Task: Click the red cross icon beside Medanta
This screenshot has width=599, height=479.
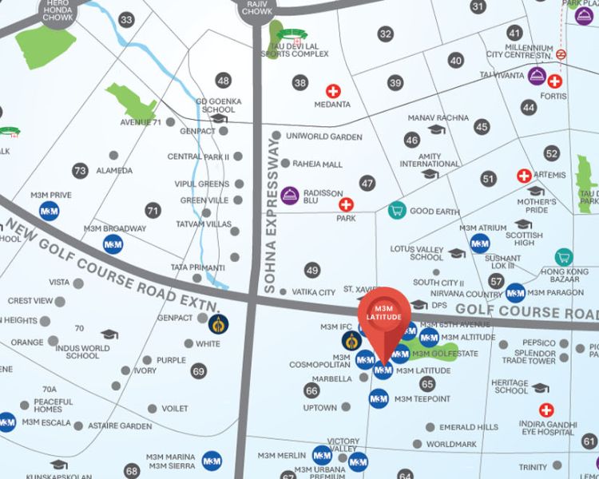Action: [331, 91]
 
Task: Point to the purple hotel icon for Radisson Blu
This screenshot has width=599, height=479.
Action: [291, 195]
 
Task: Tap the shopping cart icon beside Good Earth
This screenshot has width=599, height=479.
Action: [396, 211]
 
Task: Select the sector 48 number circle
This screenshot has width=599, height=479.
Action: [223, 80]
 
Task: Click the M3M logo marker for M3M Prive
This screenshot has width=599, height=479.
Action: [48, 211]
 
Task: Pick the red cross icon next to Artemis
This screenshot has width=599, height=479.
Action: [524, 176]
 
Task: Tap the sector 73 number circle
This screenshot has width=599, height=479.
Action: [79, 170]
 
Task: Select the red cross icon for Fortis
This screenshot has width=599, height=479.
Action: [554, 81]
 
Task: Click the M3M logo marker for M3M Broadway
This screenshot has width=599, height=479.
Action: [113, 243]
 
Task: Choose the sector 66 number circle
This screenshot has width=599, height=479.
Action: [311, 390]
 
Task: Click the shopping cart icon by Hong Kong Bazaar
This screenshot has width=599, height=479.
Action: [564, 257]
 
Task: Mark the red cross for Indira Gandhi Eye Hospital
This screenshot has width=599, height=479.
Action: [546, 410]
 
